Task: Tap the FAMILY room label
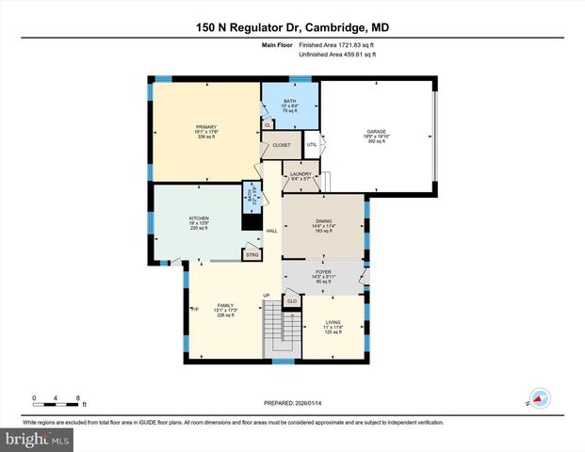tap(225, 306)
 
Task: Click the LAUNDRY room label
tap(301, 174)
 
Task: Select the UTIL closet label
tap(311, 144)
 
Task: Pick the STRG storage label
tap(252, 254)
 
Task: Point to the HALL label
tap(271, 231)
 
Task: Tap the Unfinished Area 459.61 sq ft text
tap(337, 55)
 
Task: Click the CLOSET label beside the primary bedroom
tap(281, 145)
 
